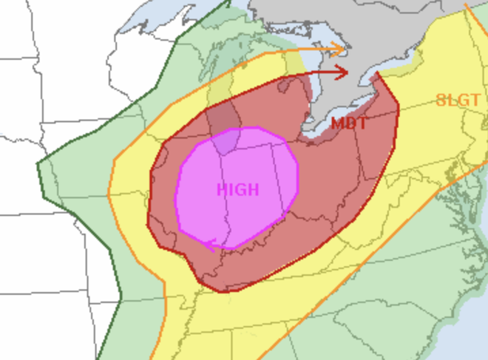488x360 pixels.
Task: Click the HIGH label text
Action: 238,190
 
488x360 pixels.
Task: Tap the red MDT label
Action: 349,123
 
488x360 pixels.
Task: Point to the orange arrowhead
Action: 342,50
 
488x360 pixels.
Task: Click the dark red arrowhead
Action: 344,72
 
